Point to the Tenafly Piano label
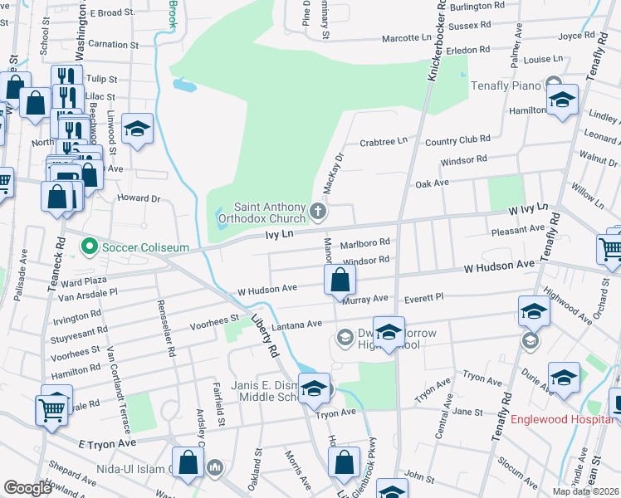[x=506, y=85]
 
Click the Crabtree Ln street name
[x=383, y=142]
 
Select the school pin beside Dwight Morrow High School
[x=388, y=333]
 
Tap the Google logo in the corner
[x=27, y=487]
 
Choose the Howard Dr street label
[x=138, y=198]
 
